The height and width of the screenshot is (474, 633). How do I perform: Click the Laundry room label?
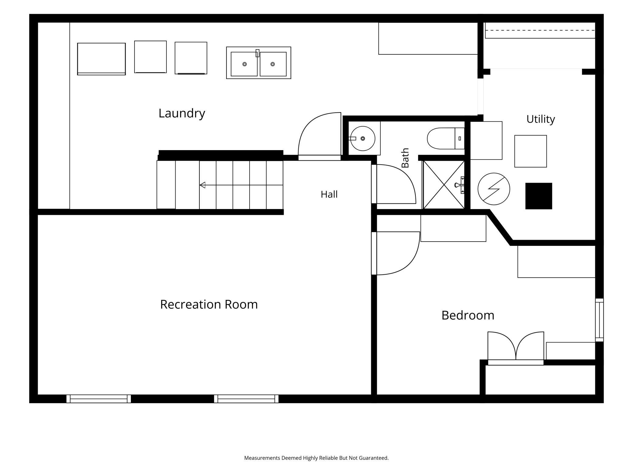[x=182, y=113]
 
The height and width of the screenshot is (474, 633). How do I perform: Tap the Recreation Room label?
[x=209, y=304]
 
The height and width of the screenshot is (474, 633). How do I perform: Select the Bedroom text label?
[x=468, y=315]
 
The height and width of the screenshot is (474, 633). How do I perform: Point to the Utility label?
[x=540, y=119]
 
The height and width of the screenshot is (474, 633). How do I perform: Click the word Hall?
[x=329, y=194]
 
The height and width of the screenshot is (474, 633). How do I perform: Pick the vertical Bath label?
[x=405, y=158]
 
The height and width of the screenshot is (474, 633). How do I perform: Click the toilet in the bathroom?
[x=446, y=138]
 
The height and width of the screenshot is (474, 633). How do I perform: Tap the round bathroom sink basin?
[x=362, y=139]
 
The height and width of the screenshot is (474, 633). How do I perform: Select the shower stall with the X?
[x=444, y=185]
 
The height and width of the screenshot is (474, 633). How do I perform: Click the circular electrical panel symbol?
[x=494, y=189]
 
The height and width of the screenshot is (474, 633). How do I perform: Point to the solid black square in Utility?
[x=539, y=196]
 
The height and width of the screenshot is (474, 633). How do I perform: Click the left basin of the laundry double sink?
[x=244, y=64]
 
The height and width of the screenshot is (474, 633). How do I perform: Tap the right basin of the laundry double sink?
[x=273, y=64]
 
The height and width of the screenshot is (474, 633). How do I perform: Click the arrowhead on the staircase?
[x=202, y=185]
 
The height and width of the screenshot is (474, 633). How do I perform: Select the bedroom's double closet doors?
[x=516, y=348]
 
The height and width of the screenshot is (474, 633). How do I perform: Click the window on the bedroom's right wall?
[x=599, y=320]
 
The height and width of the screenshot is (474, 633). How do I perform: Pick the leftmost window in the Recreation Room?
[x=99, y=399]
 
